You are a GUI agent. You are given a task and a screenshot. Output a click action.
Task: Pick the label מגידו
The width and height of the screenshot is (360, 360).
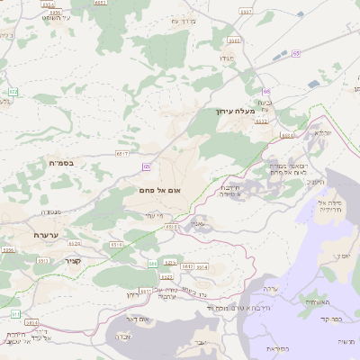[227, 58]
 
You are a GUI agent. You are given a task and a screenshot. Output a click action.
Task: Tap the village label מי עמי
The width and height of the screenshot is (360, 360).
[152, 215]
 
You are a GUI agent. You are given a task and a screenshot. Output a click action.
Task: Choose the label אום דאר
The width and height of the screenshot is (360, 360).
[138, 319]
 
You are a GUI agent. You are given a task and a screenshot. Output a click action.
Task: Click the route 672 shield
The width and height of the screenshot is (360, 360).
[13, 92]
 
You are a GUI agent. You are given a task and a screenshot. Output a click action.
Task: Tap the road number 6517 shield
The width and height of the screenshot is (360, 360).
[121, 154]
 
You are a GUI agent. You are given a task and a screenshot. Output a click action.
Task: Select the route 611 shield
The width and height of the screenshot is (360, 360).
[14, 313]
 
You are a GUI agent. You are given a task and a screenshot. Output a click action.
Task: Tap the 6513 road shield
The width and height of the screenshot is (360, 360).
[43, 260]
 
